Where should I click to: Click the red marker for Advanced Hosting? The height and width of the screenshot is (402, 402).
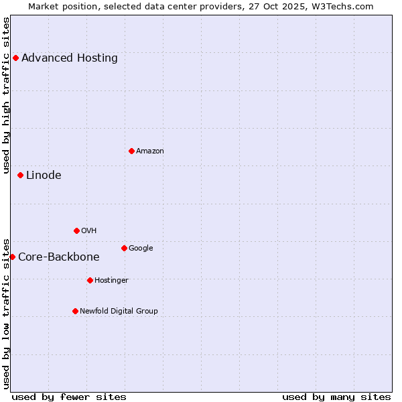tap(15, 58)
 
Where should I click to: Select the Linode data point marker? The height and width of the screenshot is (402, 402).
tap(20, 176)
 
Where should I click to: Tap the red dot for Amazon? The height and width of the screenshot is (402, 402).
tap(131, 151)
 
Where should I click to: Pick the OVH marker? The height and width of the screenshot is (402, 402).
tap(76, 230)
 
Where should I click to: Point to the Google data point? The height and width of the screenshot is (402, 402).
tap(124, 248)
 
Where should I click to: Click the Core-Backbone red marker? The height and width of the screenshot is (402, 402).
tap(12, 257)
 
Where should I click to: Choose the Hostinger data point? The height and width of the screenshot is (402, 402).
tap(90, 280)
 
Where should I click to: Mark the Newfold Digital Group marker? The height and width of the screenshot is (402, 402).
tap(75, 311)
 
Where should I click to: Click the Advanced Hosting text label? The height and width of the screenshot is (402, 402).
tap(70, 58)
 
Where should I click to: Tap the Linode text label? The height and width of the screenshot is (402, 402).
tap(44, 176)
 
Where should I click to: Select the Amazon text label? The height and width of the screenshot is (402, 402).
tap(150, 151)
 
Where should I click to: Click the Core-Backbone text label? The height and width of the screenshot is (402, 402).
tap(59, 257)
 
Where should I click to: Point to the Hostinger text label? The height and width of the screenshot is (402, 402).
tap(111, 280)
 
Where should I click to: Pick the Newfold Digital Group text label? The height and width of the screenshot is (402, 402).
tap(119, 311)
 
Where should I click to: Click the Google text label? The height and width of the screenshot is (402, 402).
tap(141, 248)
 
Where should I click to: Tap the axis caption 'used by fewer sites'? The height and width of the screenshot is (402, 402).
tap(69, 397)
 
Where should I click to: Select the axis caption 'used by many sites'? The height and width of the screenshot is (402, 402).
tap(336, 397)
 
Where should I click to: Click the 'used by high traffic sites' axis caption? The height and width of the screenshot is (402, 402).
tap(7, 95)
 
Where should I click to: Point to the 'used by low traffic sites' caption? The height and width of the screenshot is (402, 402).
tap(7, 313)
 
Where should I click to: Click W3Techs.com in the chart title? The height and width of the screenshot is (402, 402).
tap(342, 6)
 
